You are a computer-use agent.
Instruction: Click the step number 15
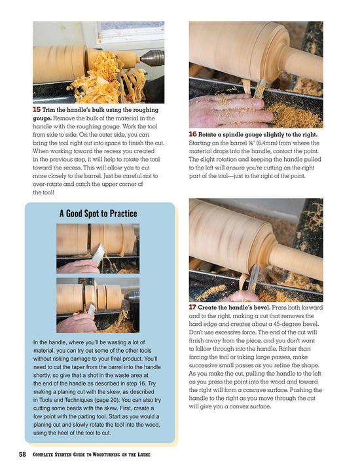(x=37, y=110)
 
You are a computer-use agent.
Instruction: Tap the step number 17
(x=194, y=307)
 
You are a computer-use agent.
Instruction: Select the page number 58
(x=23, y=454)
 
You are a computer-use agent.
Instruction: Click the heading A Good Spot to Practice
(x=98, y=213)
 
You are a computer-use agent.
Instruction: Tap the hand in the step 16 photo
(x=229, y=109)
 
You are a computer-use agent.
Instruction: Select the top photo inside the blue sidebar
(x=98, y=248)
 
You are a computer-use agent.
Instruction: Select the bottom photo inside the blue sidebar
(x=98, y=305)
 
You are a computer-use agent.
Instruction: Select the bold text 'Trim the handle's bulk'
(x=78, y=110)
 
